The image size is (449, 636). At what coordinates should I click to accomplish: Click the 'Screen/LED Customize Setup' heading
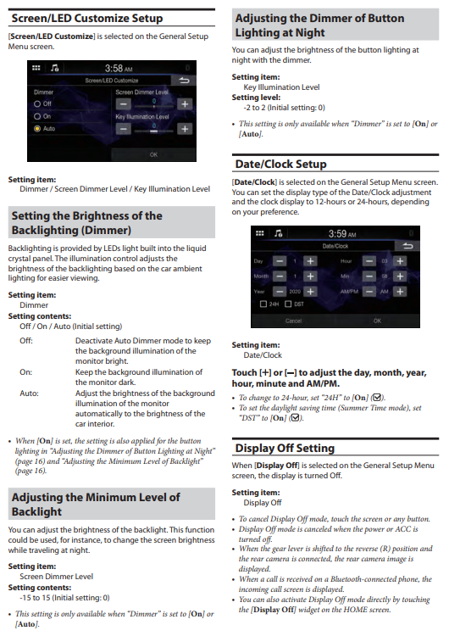click(87, 19)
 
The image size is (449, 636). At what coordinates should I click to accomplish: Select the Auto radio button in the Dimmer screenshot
click(37, 129)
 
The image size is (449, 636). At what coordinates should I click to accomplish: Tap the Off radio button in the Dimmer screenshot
click(37, 103)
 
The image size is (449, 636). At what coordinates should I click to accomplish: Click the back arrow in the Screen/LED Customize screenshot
click(184, 81)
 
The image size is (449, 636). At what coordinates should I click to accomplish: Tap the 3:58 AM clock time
click(119, 68)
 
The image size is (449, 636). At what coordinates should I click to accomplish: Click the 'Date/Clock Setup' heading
click(280, 164)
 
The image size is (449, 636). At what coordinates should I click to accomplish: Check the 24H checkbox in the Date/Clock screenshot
click(263, 304)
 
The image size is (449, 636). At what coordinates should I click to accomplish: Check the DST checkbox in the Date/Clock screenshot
click(288, 304)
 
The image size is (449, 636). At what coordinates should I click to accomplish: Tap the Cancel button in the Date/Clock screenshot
click(293, 321)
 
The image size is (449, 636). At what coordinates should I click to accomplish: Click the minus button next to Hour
click(369, 261)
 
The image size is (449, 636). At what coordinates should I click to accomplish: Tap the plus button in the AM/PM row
click(400, 292)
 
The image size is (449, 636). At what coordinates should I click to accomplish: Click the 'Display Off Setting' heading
click(285, 449)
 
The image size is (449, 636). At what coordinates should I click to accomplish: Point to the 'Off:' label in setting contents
click(26, 341)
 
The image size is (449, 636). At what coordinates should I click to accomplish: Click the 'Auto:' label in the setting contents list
click(29, 393)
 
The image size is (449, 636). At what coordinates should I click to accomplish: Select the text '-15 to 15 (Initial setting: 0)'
click(64, 598)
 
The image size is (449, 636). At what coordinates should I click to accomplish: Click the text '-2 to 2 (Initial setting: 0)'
click(284, 108)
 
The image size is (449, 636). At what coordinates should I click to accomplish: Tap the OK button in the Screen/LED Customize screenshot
click(153, 154)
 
